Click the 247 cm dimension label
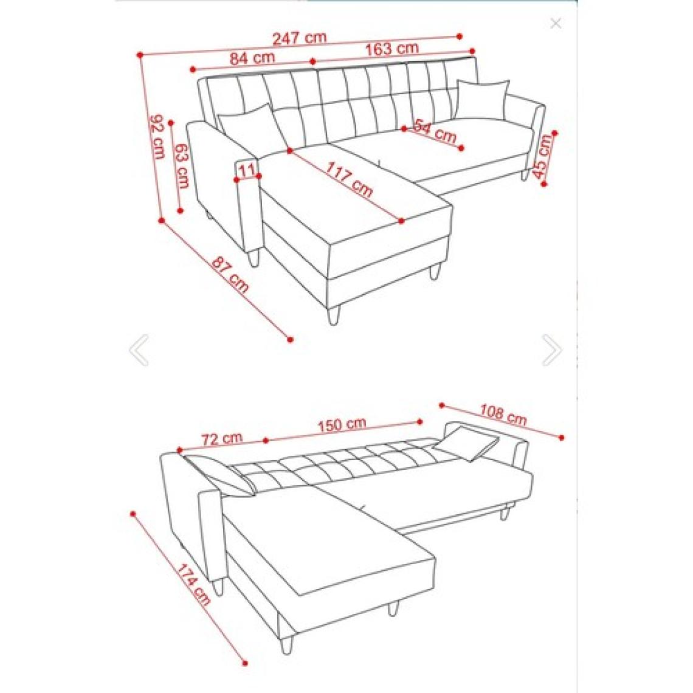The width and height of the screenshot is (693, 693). (x=299, y=38)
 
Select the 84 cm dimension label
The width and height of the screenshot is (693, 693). (x=252, y=58)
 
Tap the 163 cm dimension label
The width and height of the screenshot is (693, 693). (x=391, y=48)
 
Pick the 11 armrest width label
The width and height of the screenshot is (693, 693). (x=247, y=170)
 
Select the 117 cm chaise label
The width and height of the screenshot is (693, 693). (x=350, y=179)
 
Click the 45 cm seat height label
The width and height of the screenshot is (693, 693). (x=543, y=155)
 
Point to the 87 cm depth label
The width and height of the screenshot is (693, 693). (x=230, y=274)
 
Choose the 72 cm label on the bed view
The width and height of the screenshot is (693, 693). (x=222, y=439)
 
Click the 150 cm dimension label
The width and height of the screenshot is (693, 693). (x=342, y=424)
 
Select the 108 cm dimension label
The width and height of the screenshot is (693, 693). (x=503, y=415)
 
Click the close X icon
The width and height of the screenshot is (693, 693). (x=556, y=24)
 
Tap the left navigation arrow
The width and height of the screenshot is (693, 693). (x=139, y=350)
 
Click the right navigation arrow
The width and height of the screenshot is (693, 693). (x=552, y=350)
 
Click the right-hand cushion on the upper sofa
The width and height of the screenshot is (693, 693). (x=482, y=99)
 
